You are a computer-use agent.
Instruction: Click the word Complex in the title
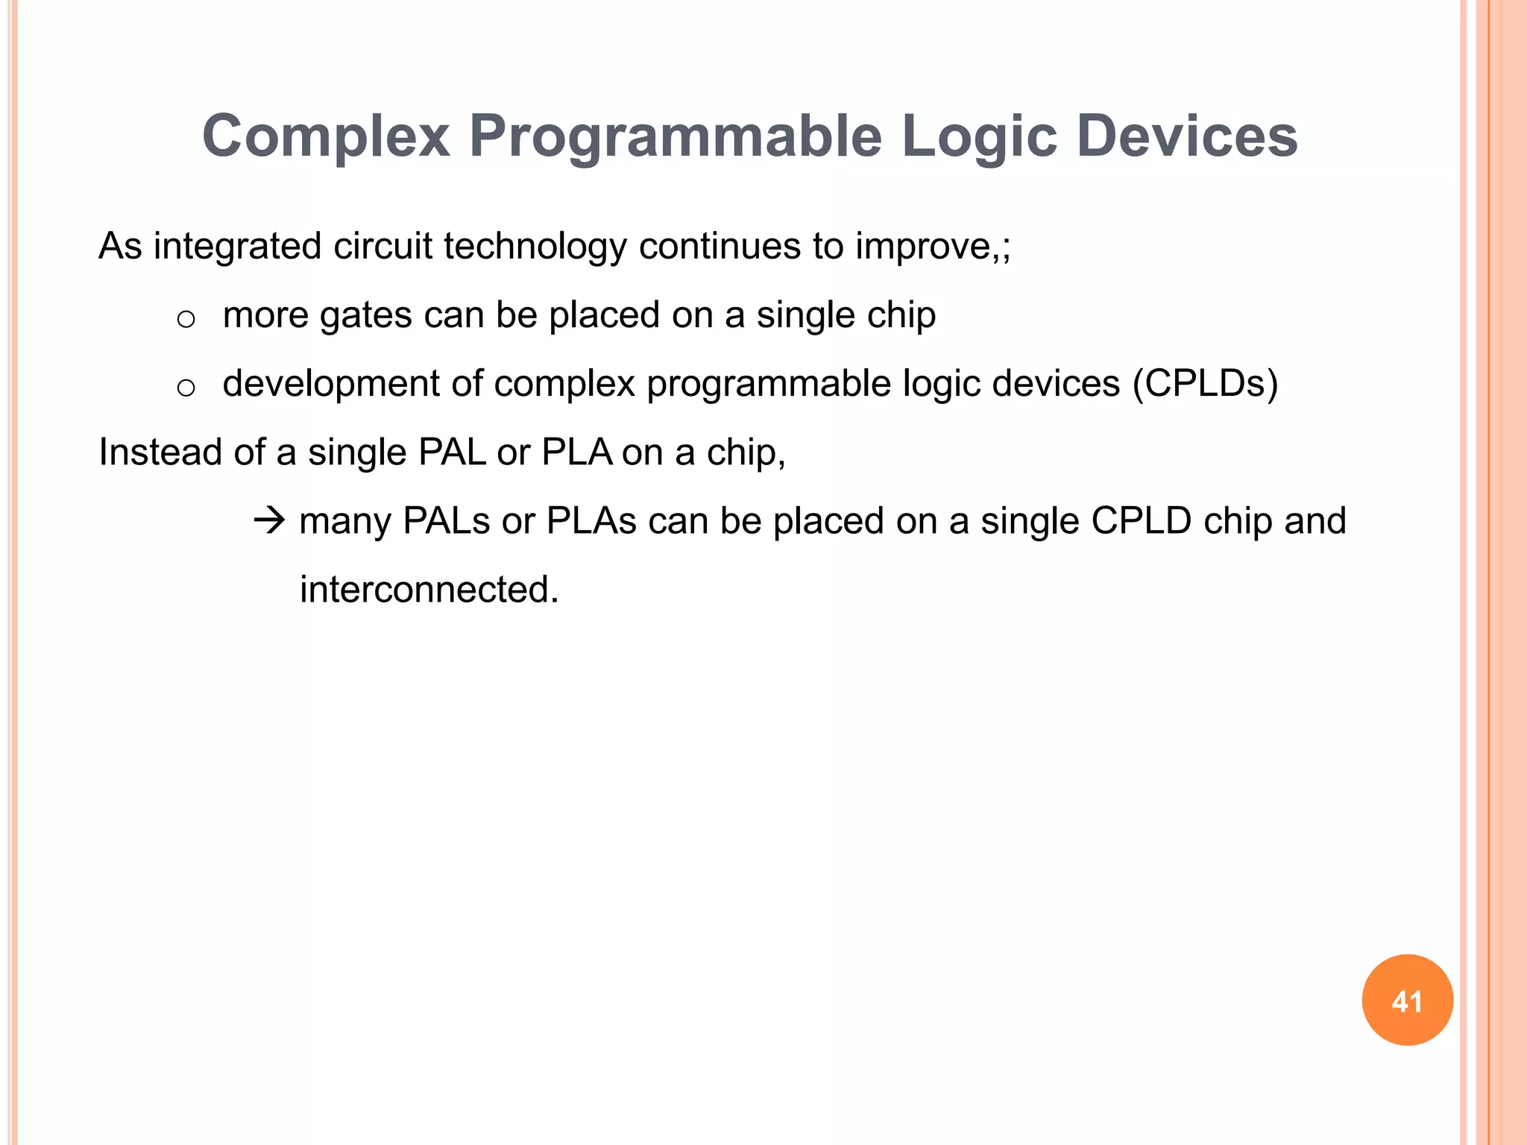[326, 136]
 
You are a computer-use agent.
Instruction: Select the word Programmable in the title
[675, 136]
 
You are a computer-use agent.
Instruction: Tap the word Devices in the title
[1187, 136]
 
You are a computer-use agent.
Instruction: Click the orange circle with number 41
[1407, 1000]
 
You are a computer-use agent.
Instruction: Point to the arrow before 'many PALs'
[269, 520]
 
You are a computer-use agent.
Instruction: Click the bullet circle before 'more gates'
[186, 320]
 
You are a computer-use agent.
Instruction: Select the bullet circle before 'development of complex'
[186, 388]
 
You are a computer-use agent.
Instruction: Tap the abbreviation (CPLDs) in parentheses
[1205, 384]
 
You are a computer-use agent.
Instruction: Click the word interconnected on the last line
[429, 590]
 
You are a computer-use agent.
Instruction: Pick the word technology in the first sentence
[535, 247]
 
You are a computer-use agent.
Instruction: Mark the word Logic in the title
[979, 136]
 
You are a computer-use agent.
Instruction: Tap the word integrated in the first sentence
[237, 247]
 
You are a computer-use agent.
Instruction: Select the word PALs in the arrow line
[446, 521]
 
